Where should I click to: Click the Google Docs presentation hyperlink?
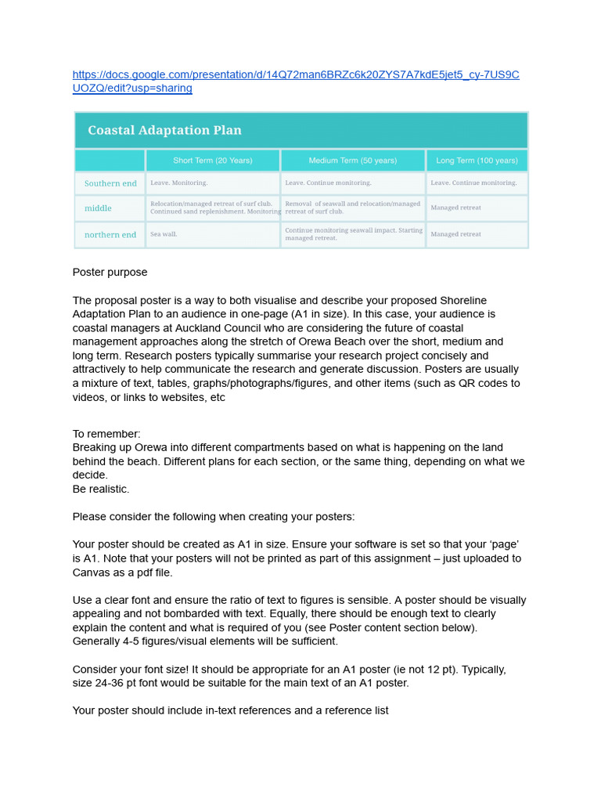[x=295, y=75]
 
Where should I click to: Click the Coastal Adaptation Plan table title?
[x=164, y=130]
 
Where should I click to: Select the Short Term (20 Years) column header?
[x=212, y=161]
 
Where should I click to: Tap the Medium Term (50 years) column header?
[x=352, y=161]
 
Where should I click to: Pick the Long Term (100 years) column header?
[x=477, y=161]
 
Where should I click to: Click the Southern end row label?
[x=110, y=183]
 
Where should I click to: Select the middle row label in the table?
[x=98, y=208]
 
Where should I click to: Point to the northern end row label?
[x=110, y=234]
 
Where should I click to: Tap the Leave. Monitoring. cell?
[x=178, y=183]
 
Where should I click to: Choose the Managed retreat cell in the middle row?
[x=455, y=208]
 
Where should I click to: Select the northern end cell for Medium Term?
[x=353, y=234]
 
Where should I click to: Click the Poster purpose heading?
[x=110, y=273]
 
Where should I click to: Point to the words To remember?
[x=106, y=434]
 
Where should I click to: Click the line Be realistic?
[x=101, y=489]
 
